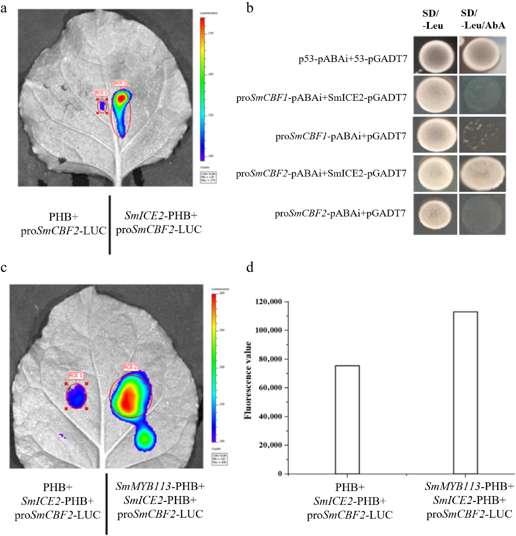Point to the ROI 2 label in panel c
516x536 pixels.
(x=131, y=367)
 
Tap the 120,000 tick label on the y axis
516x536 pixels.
(x=269, y=302)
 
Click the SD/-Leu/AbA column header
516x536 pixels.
(x=483, y=19)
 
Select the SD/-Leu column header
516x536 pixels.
(x=432, y=19)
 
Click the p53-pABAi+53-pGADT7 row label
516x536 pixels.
(x=353, y=59)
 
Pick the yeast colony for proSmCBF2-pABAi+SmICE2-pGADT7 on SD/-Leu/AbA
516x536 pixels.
(x=482, y=173)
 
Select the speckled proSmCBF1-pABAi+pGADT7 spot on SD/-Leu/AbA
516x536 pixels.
(x=482, y=135)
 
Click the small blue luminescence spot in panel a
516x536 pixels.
(x=102, y=106)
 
